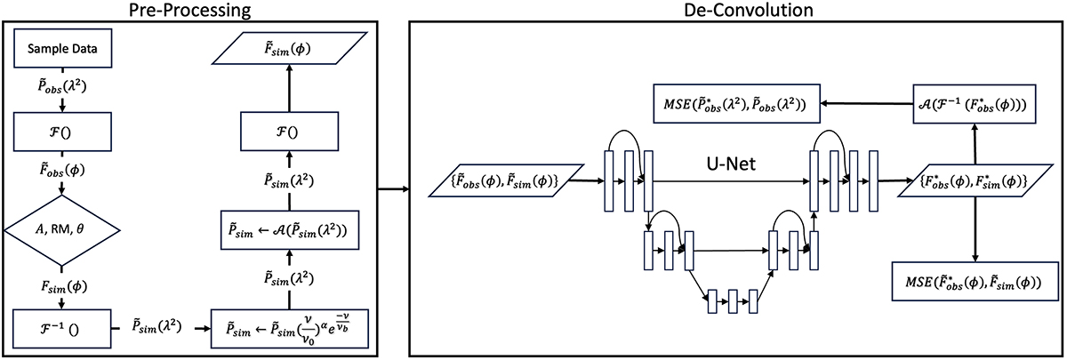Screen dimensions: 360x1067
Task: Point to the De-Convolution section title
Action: [732, 11]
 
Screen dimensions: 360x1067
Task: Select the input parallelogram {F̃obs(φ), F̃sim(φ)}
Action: [503, 182]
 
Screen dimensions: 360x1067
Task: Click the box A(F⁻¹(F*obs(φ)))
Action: [975, 103]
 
